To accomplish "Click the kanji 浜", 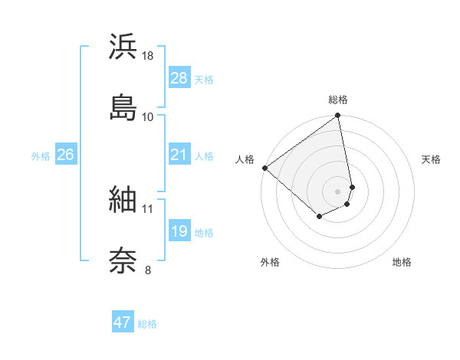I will pyautogui.click(x=123, y=47).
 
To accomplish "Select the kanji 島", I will pyautogui.click(x=123, y=106).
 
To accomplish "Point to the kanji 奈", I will pyautogui.click(x=123, y=260).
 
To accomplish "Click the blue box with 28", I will pyautogui.click(x=179, y=78).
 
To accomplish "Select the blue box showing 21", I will pyautogui.click(x=179, y=155).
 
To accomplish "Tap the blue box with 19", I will pyautogui.click(x=179, y=232).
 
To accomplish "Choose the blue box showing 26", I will pyautogui.click(x=66, y=155).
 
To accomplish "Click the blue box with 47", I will pyautogui.click(x=123, y=322).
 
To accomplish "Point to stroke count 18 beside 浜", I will pyautogui.click(x=149, y=56).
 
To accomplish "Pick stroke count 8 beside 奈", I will pyautogui.click(x=148, y=270).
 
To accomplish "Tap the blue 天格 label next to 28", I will pyautogui.click(x=204, y=80).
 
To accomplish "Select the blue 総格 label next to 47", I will pyautogui.click(x=147, y=324).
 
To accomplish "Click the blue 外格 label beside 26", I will pyautogui.click(x=41, y=156).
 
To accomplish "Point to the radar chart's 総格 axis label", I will pyautogui.click(x=338, y=100).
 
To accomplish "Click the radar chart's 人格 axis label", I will pyautogui.click(x=245, y=159).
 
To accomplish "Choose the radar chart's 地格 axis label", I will pyautogui.click(x=402, y=263).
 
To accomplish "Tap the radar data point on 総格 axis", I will pyautogui.click(x=338, y=116).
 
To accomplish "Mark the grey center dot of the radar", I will pyautogui.click(x=338, y=190).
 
